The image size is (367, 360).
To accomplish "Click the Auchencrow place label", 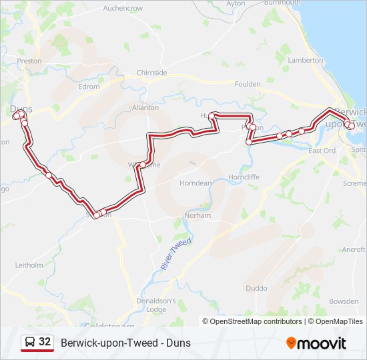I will coord(123,8).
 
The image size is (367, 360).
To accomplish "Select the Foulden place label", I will coord(248,84).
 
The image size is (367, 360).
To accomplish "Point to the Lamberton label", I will coord(305,60).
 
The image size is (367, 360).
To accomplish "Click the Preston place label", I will coord(29,61).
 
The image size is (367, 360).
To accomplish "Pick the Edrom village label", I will coord(88,87).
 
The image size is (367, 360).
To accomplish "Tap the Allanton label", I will coord(145,107).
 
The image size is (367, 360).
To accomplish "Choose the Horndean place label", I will coord(196,183).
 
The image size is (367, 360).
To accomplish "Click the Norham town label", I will coord(198,215).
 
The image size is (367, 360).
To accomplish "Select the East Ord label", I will coord(322,151).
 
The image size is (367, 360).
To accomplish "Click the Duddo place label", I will coord(256,289).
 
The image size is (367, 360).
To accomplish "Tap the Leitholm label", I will coord(29,265).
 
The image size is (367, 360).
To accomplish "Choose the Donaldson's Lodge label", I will coord(156,305).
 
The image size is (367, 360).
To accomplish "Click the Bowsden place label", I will coord(344,301).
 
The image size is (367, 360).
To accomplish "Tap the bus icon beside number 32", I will coord(30,343).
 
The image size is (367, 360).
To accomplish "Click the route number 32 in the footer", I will coord(45,342).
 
